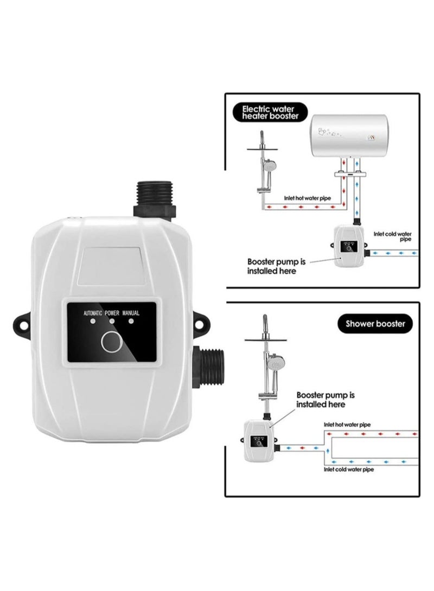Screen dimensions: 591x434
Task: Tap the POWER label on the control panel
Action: pyautogui.click(x=112, y=313)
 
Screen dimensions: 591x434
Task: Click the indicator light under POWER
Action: pyautogui.click(x=112, y=322)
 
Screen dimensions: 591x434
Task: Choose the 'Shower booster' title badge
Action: pyautogui.click(x=375, y=325)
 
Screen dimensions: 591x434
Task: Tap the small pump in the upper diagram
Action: pyautogui.click(x=348, y=247)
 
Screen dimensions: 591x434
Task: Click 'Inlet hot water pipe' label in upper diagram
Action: pyautogui.click(x=307, y=198)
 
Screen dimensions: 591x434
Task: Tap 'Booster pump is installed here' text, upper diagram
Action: pyautogui.click(x=276, y=266)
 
